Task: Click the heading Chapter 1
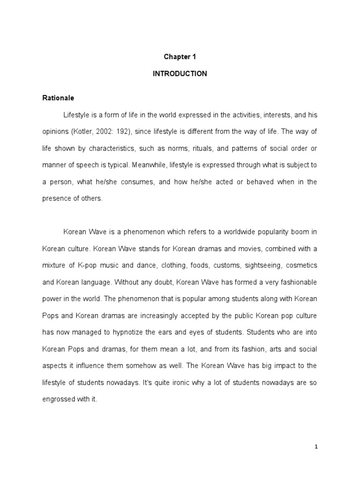coord(180,57)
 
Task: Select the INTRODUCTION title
coord(180,74)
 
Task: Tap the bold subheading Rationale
coord(58,98)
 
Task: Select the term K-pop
coord(86,265)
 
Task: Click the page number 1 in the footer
coord(316,447)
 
